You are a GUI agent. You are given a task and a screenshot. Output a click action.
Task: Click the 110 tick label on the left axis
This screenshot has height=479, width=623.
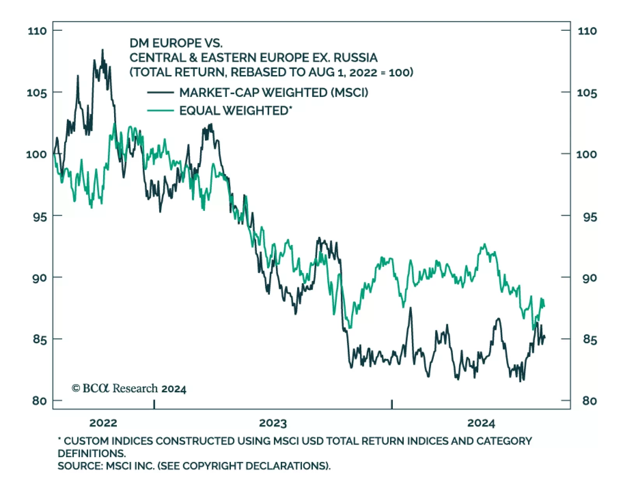[x=37, y=31]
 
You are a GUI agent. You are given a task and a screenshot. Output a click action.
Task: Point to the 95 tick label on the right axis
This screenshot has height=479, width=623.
[x=590, y=217]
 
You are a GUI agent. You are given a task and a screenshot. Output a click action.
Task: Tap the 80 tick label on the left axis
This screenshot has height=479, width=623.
[x=39, y=400]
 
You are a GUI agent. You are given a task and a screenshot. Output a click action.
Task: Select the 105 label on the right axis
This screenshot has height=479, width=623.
[x=587, y=93]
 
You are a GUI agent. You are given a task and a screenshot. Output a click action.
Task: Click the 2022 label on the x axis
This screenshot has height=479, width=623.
[x=103, y=423]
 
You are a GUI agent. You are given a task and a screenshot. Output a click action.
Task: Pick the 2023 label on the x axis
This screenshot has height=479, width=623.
[x=273, y=423]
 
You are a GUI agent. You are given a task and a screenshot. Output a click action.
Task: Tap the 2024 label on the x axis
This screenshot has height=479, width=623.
[x=481, y=423]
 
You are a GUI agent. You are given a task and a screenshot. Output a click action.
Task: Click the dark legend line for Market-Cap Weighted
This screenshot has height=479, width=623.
[x=160, y=93]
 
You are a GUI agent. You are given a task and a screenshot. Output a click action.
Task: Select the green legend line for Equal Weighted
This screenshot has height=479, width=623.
[x=160, y=111]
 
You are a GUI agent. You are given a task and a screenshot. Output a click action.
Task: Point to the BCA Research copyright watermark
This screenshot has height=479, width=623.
[x=129, y=388]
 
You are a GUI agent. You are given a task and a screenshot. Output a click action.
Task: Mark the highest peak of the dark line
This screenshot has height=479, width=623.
[x=103, y=50]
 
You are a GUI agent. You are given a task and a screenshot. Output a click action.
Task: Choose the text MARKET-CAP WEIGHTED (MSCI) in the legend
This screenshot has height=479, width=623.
[x=273, y=93]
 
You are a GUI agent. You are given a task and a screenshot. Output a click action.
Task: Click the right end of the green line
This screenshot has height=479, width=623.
[x=544, y=306]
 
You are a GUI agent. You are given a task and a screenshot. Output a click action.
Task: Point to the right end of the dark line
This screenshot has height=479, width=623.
[x=544, y=337]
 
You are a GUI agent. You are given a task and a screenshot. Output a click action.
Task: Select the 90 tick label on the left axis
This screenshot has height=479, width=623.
[x=39, y=278]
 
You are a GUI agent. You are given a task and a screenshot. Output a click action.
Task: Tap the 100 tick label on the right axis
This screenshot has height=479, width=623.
[x=586, y=154]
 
